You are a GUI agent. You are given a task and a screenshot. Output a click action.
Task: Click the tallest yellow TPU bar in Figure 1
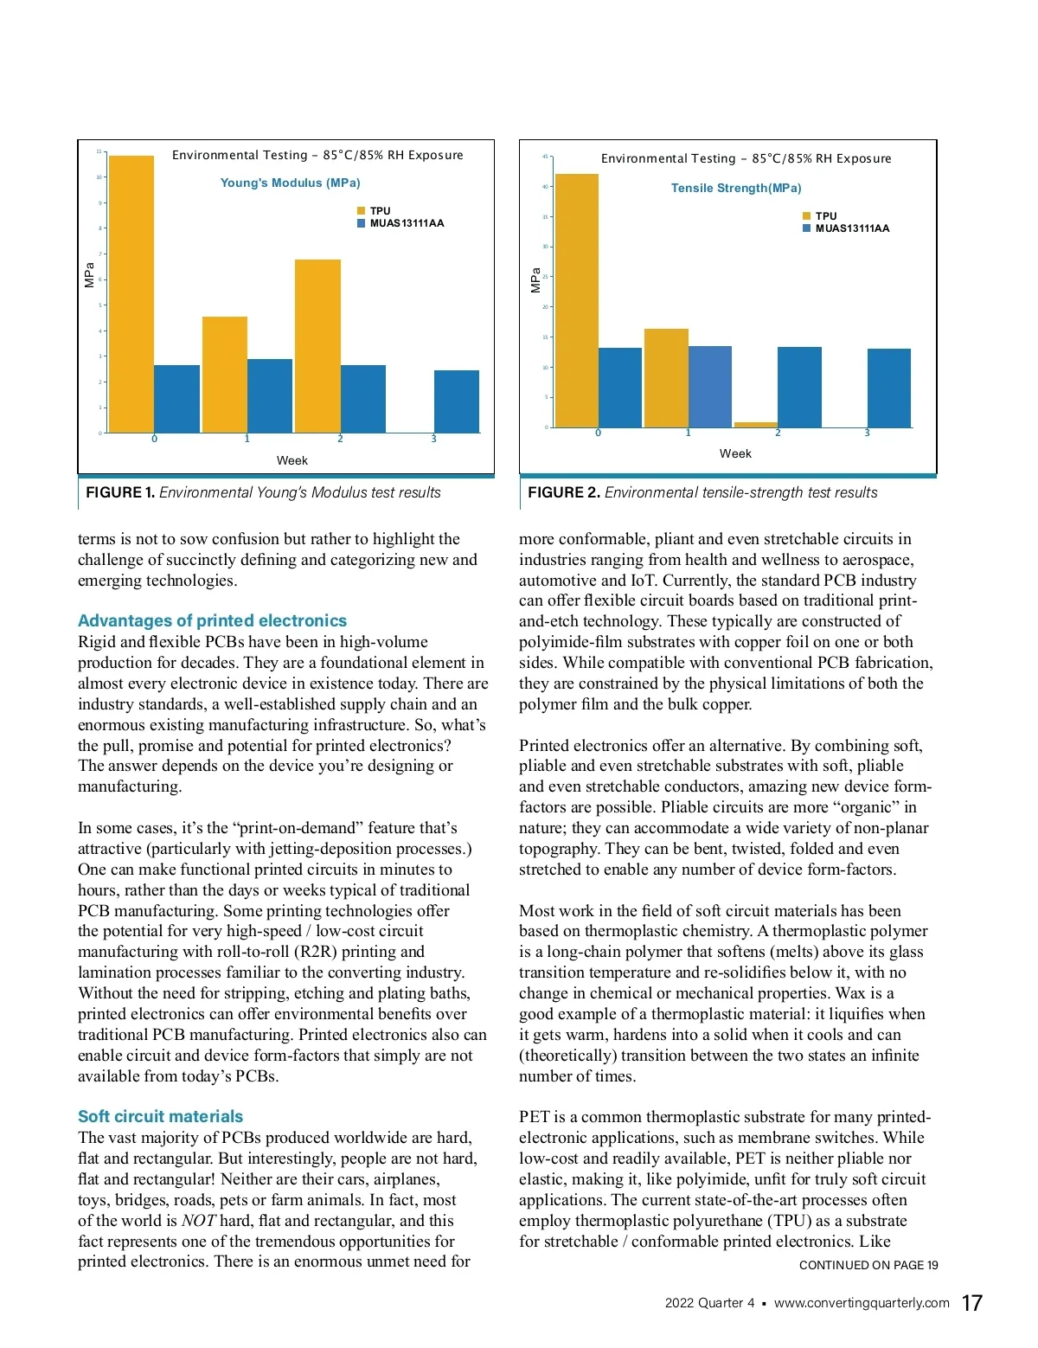(131, 294)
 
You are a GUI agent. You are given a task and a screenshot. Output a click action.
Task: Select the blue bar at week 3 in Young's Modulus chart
(456, 401)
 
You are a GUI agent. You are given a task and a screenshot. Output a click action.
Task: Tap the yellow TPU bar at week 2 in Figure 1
(317, 346)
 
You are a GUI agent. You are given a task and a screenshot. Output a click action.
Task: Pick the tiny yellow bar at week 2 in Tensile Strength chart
(756, 425)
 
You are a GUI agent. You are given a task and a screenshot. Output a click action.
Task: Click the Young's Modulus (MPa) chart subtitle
(290, 183)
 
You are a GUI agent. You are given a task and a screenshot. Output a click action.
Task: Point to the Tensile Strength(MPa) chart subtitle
(736, 188)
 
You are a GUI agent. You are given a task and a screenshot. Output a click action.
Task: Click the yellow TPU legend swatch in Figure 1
(362, 211)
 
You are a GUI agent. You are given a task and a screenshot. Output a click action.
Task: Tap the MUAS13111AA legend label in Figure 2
(852, 228)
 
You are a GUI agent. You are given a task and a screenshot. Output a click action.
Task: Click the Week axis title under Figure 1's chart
(292, 460)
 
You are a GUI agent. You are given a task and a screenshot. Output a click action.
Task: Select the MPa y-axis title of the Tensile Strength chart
(535, 279)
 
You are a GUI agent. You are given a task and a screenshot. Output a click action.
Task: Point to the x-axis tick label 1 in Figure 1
(247, 439)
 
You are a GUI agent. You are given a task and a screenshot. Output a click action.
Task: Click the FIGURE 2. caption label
(563, 492)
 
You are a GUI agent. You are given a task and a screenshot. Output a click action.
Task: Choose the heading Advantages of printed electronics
(212, 620)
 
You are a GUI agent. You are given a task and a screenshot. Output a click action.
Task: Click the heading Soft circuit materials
(160, 1116)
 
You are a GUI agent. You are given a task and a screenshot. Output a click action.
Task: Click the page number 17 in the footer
(971, 1303)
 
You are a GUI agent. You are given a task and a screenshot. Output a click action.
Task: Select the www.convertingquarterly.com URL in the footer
(862, 1303)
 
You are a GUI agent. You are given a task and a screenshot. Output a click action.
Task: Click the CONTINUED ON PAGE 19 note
(868, 1265)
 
